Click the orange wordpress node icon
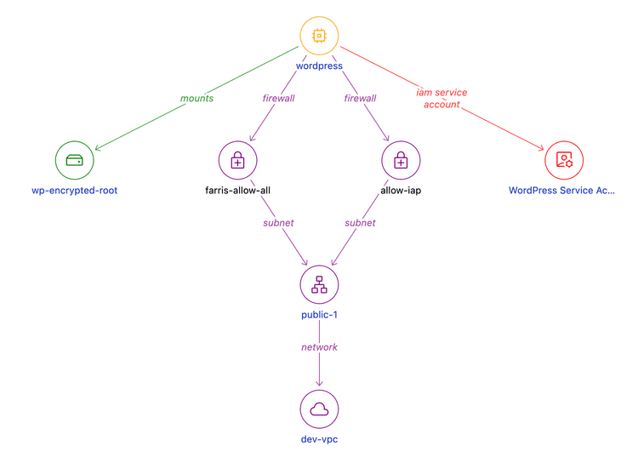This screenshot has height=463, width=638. pyautogui.click(x=319, y=36)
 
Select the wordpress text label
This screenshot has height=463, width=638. pyautogui.click(x=319, y=66)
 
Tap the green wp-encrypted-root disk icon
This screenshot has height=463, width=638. pyautogui.click(x=74, y=160)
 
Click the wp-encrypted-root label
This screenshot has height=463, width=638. pyautogui.click(x=74, y=191)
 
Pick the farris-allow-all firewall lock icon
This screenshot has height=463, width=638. pyautogui.click(x=237, y=160)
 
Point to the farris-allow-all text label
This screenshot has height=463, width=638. pyautogui.click(x=237, y=191)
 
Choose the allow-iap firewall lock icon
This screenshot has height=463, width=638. pyautogui.click(x=401, y=160)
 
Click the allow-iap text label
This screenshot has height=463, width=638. pyautogui.click(x=401, y=191)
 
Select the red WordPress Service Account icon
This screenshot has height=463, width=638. pyautogui.click(x=564, y=160)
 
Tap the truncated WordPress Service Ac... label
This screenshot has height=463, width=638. pyautogui.click(x=561, y=191)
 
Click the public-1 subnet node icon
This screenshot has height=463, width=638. pyautogui.click(x=319, y=284)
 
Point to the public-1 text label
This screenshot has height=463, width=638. pyautogui.click(x=319, y=315)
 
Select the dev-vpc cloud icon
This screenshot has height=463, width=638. pyautogui.click(x=319, y=409)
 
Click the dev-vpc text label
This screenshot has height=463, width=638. pyautogui.click(x=319, y=439)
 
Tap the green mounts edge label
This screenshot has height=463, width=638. pyautogui.click(x=197, y=98)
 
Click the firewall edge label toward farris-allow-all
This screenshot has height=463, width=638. pyautogui.click(x=278, y=98)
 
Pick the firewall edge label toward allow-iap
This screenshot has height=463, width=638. pyautogui.click(x=360, y=98)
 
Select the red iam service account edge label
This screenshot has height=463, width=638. pyautogui.click(x=441, y=98)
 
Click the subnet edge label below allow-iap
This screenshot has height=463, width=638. pyautogui.click(x=360, y=222)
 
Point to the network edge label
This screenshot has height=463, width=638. pyautogui.click(x=319, y=347)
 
